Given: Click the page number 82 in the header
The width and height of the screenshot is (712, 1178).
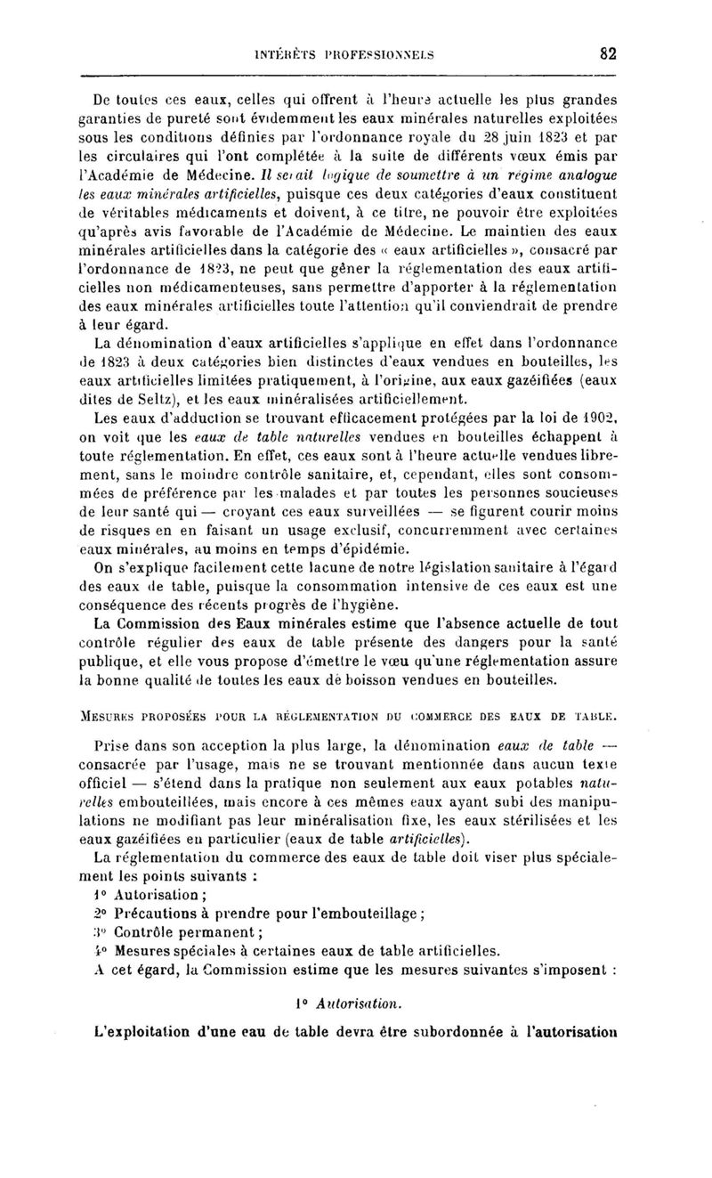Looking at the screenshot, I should point(609,53).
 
